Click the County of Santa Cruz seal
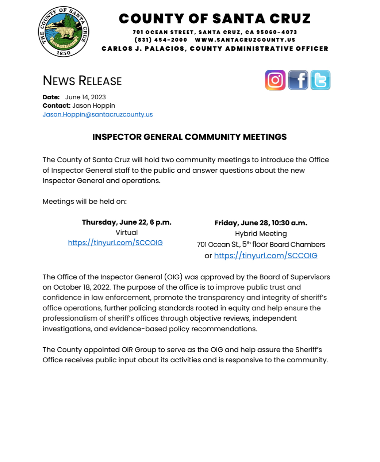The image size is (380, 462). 64,31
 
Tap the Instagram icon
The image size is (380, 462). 275,80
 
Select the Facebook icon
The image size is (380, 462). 298,80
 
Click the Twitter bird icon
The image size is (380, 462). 320,80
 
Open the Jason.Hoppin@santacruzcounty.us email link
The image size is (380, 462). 97,114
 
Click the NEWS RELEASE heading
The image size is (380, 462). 82,81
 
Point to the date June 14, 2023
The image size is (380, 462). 85,97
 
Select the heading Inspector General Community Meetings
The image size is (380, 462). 189,137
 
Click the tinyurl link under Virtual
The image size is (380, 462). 115,243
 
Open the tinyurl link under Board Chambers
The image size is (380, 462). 265,256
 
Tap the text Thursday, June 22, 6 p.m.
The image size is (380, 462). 127,222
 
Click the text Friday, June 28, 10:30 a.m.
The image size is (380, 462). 261,223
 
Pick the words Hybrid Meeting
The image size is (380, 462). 261,234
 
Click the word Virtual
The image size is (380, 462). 127,232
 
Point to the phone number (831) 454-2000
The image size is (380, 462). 161,40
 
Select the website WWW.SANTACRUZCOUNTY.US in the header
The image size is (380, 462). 245,40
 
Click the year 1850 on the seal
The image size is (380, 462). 64,53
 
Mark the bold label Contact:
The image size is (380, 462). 56,106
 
